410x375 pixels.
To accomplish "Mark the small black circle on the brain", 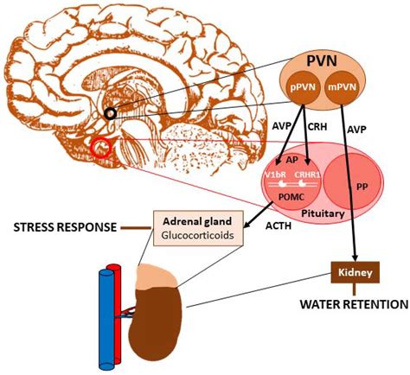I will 112,111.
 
